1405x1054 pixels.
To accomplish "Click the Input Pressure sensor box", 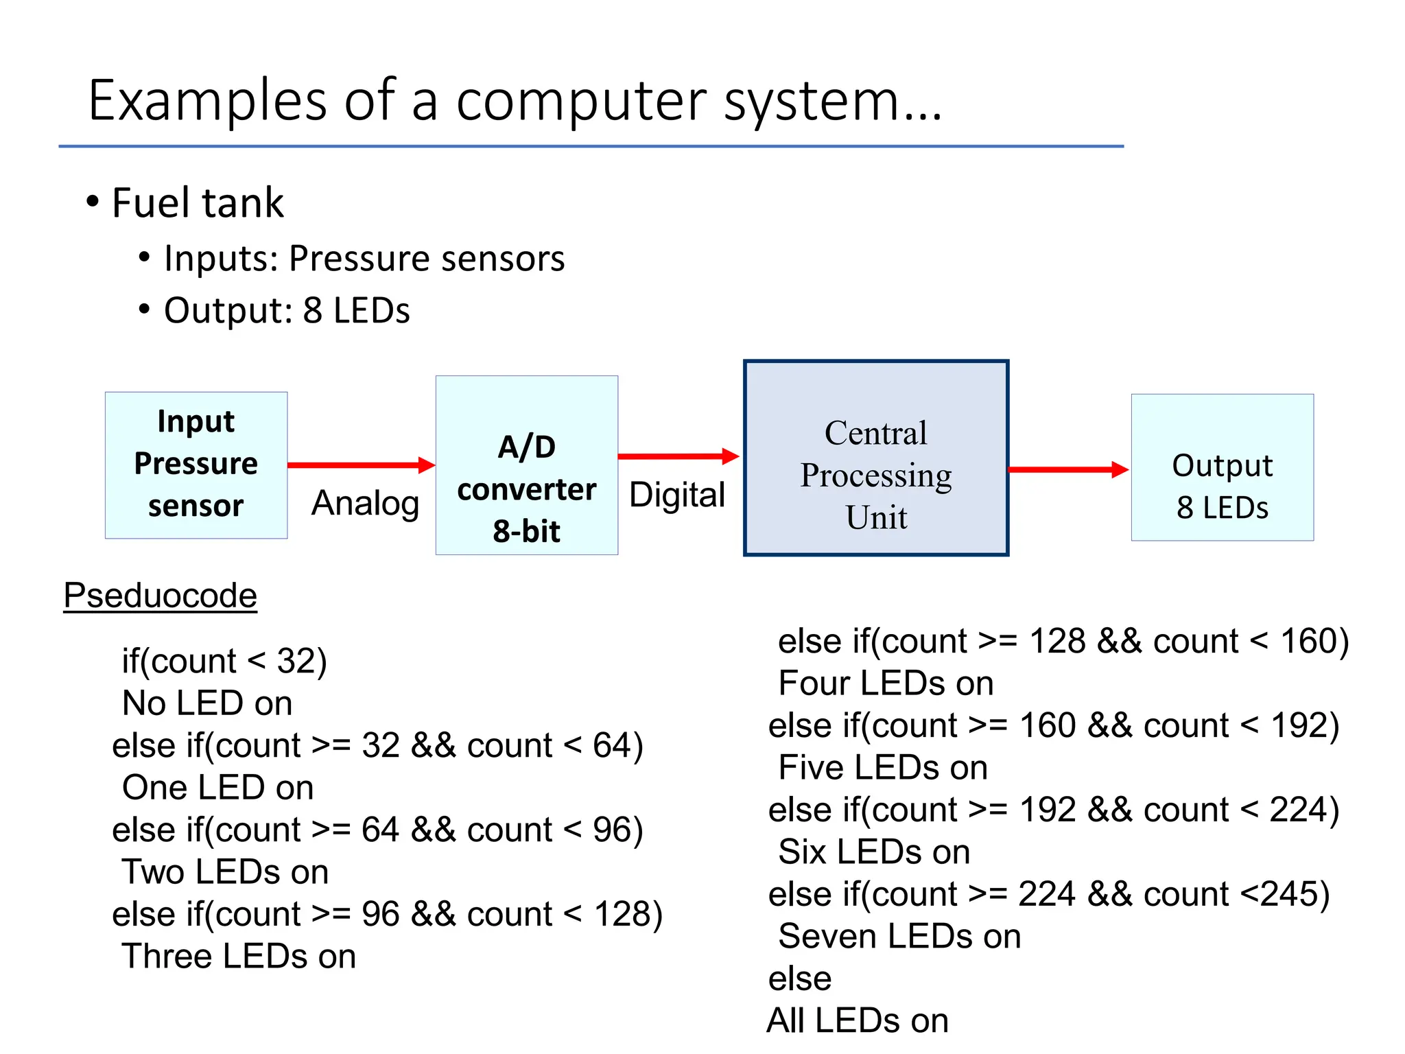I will point(196,465).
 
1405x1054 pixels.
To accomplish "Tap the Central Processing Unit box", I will point(875,458).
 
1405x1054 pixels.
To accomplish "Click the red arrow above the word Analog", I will point(361,465).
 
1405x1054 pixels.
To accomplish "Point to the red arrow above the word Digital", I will point(678,456).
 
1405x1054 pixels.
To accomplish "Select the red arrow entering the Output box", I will point(1067,469).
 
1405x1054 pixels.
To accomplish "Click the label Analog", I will point(365,503).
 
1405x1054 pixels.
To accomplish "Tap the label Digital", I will point(676,495).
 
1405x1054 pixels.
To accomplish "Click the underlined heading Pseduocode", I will point(160,595).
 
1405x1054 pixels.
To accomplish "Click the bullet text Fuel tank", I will point(197,203).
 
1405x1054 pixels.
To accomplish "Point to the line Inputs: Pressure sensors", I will point(364,259).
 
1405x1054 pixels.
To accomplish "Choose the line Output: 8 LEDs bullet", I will point(286,310).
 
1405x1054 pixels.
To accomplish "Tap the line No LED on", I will point(207,703).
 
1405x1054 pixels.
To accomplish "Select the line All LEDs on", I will point(858,1020).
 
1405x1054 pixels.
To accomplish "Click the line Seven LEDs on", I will point(899,936).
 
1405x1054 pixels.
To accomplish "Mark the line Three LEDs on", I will point(239,956).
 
